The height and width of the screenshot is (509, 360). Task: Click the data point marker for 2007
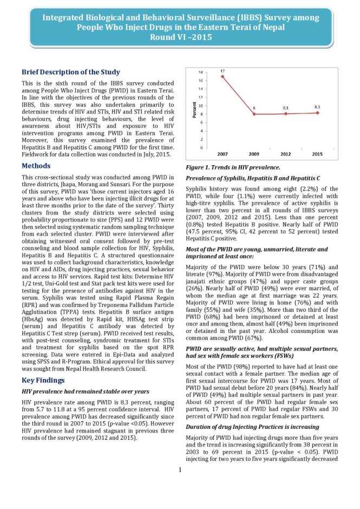click(222, 76)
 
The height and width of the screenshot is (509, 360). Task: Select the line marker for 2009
click(254, 114)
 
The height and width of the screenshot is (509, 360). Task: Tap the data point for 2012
click(286, 114)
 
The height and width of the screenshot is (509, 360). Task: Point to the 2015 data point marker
click(318, 113)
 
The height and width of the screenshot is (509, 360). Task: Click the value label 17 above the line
click(222, 71)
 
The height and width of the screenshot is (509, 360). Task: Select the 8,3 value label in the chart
click(318, 107)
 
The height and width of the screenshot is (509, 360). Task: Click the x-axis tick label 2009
click(254, 154)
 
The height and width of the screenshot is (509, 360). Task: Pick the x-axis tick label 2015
click(318, 154)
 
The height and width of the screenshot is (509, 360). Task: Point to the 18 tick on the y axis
click(201, 72)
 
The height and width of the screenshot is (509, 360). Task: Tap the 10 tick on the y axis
click(201, 106)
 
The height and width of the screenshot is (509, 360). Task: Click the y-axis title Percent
click(194, 110)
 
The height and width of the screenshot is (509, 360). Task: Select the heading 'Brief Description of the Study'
click(70, 72)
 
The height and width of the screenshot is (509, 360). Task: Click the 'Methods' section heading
click(36, 166)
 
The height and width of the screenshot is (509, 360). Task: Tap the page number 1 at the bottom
click(180, 469)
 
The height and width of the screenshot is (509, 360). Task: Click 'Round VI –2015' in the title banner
click(180, 37)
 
